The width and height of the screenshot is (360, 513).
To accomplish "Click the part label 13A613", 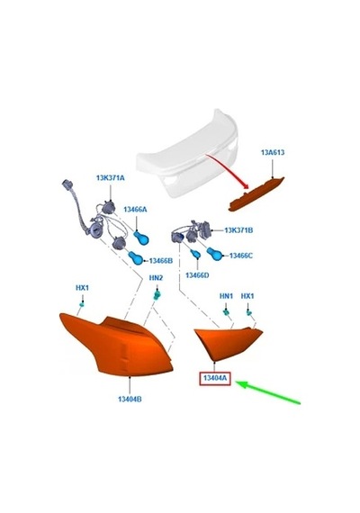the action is click(x=273, y=152).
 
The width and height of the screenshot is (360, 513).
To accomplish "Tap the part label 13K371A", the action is click(x=111, y=178).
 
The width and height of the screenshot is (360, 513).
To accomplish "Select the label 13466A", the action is click(x=135, y=210).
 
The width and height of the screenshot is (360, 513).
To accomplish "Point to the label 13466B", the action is click(x=161, y=261).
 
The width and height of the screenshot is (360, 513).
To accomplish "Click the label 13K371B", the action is click(x=238, y=230).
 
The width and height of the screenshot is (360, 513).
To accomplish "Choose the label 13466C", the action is click(x=241, y=256).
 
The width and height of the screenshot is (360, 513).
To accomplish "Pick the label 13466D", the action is click(x=197, y=275).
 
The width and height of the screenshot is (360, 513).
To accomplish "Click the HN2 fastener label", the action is click(x=156, y=278).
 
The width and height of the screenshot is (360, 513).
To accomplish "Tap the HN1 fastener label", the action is click(x=226, y=296).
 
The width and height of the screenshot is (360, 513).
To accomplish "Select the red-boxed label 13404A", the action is click(x=215, y=378).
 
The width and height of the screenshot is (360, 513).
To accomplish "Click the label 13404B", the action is click(x=130, y=399).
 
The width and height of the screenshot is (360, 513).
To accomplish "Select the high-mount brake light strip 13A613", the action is click(x=256, y=194).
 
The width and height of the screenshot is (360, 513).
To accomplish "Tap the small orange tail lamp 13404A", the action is click(x=226, y=342).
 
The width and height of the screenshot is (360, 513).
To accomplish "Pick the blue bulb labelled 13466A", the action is click(x=141, y=238).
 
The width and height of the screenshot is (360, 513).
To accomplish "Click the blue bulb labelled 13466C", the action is click(x=215, y=254).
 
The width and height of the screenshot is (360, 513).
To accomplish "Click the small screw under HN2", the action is click(x=157, y=295).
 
